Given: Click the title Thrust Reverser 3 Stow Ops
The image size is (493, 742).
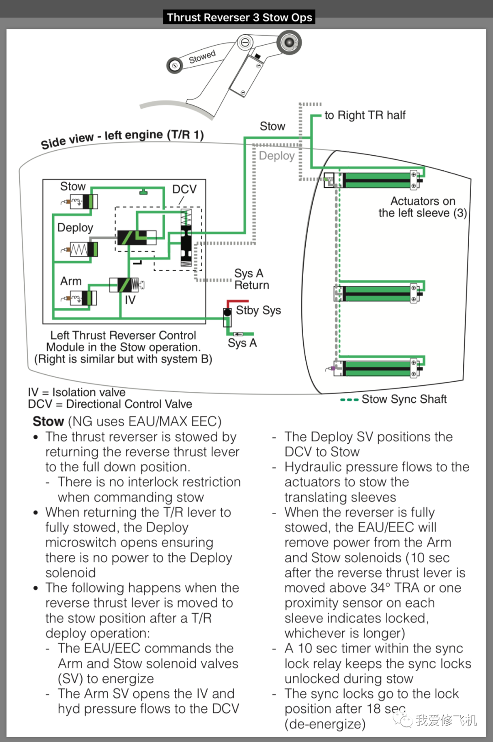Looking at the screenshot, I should coord(239,17).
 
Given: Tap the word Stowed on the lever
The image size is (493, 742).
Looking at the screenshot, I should coord(202,57).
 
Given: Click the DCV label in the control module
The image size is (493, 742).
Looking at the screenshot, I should coord(184,189).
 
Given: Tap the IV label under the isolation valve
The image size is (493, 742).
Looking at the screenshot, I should coord(130,300).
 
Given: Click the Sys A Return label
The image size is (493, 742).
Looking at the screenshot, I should coord(251,279).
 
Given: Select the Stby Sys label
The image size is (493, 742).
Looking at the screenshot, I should coord(258,310).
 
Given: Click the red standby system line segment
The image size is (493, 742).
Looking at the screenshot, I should coord(237,302).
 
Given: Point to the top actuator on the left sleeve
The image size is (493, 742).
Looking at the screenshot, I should coord(377,180).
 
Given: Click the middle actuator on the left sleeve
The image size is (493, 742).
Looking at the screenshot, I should coord(377,293).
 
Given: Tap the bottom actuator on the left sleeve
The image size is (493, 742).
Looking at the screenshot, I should coord(377,368).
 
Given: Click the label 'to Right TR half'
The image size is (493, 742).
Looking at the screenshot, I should coord(365,115).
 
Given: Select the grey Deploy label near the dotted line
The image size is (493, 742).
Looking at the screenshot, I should coord(277,156).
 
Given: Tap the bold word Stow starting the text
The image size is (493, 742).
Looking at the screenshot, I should coord(48,421).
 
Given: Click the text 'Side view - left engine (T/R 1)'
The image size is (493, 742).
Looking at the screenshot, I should coord(122,138).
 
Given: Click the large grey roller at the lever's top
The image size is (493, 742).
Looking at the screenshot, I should coord(288,42).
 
